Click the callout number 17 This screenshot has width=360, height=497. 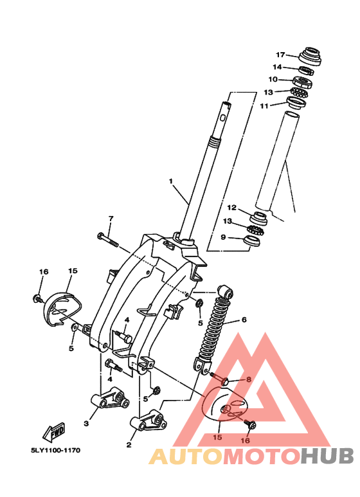(x=280, y=55)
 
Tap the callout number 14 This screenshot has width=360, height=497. (x=277, y=68)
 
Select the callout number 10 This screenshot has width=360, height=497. (x=273, y=79)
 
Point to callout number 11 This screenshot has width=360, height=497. (x=264, y=106)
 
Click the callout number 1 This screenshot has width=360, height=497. (x=171, y=181)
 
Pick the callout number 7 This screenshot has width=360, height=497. (x=111, y=219)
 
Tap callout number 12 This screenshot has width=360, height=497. (x=232, y=208)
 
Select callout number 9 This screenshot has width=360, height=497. (x=223, y=237)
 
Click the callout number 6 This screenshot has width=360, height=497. (x=244, y=320)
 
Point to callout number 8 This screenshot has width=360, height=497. (x=248, y=379)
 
